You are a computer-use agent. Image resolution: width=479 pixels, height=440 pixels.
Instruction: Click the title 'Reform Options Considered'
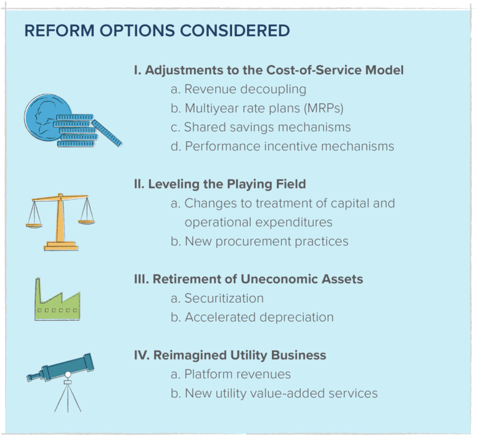click(157, 31)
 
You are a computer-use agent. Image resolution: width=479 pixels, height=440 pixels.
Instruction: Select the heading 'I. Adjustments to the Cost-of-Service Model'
click(268, 70)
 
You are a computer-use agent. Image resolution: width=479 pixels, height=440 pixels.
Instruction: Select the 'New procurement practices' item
click(259, 241)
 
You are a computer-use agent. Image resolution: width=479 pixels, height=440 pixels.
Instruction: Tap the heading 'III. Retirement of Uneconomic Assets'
click(248, 279)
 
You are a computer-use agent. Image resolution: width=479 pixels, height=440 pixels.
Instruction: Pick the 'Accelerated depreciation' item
click(252, 317)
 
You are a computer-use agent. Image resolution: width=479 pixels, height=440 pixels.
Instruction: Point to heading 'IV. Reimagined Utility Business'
click(230, 355)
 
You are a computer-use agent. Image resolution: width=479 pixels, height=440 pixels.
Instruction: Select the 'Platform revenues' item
click(231, 374)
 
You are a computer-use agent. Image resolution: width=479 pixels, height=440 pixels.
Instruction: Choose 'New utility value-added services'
click(274, 393)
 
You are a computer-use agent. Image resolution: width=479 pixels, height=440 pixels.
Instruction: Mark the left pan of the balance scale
click(34, 225)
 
